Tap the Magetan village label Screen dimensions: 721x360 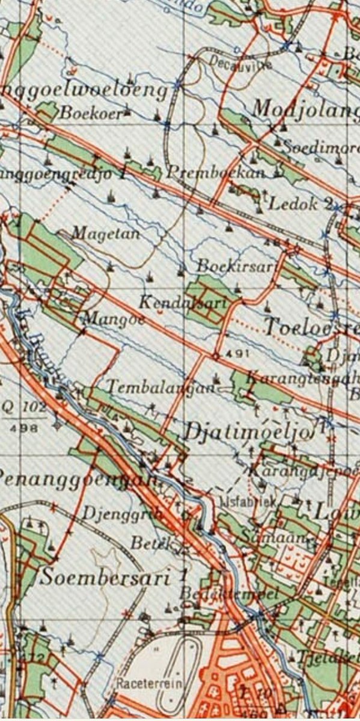pos(106,233)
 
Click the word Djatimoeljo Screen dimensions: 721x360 pos(249,431)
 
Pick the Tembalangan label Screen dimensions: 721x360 pos(160,387)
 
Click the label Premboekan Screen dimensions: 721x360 pos(216,173)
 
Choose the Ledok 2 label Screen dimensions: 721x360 pos(300,204)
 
